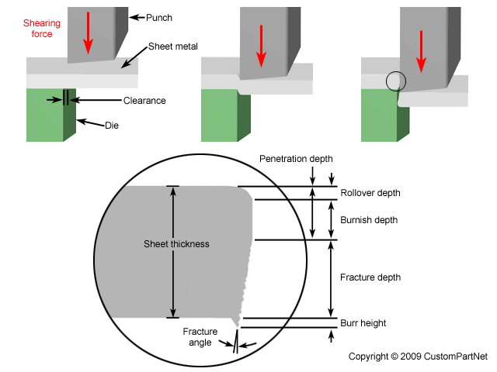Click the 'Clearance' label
[x=144, y=101]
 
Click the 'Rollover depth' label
[x=370, y=193]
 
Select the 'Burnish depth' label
[x=369, y=220]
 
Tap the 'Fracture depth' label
[x=370, y=277]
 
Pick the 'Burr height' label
[x=363, y=323]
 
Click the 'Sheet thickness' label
[x=176, y=244]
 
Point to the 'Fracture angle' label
[x=200, y=336]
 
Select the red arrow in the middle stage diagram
[x=262, y=46]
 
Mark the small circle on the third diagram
[x=395, y=81]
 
